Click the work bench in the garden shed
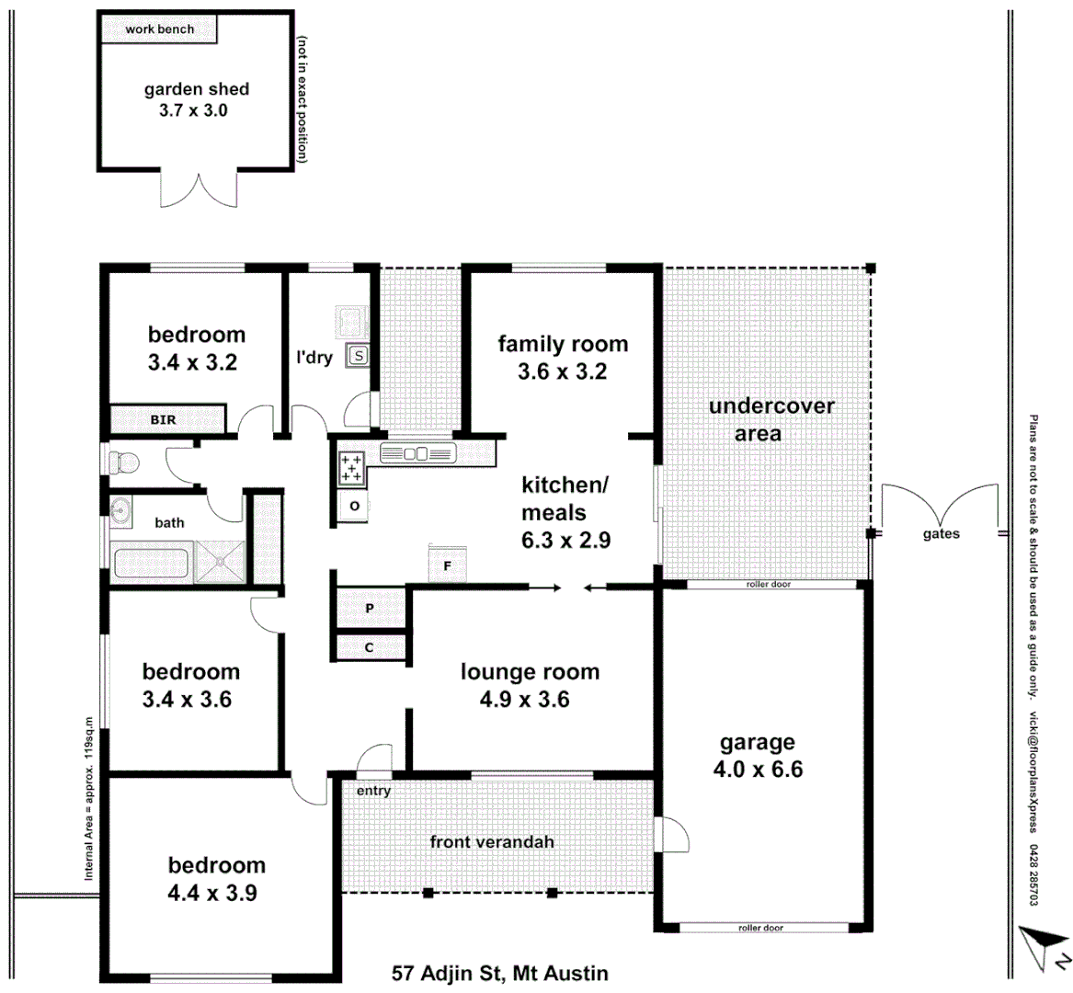click(159, 29)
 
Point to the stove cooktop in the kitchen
click(351, 468)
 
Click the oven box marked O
click(354, 507)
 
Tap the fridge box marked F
click(448, 565)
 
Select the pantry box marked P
click(370, 609)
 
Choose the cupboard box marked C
click(370, 647)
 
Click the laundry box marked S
click(358, 355)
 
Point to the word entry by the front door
click(373, 791)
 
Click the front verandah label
click(492, 841)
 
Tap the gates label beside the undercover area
click(941, 534)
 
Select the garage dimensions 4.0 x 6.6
click(758, 769)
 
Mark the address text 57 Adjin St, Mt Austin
click(500, 973)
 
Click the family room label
click(563, 344)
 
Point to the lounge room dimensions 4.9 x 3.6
click(524, 700)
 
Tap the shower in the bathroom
click(221, 561)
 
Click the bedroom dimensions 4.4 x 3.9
click(212, 893)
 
